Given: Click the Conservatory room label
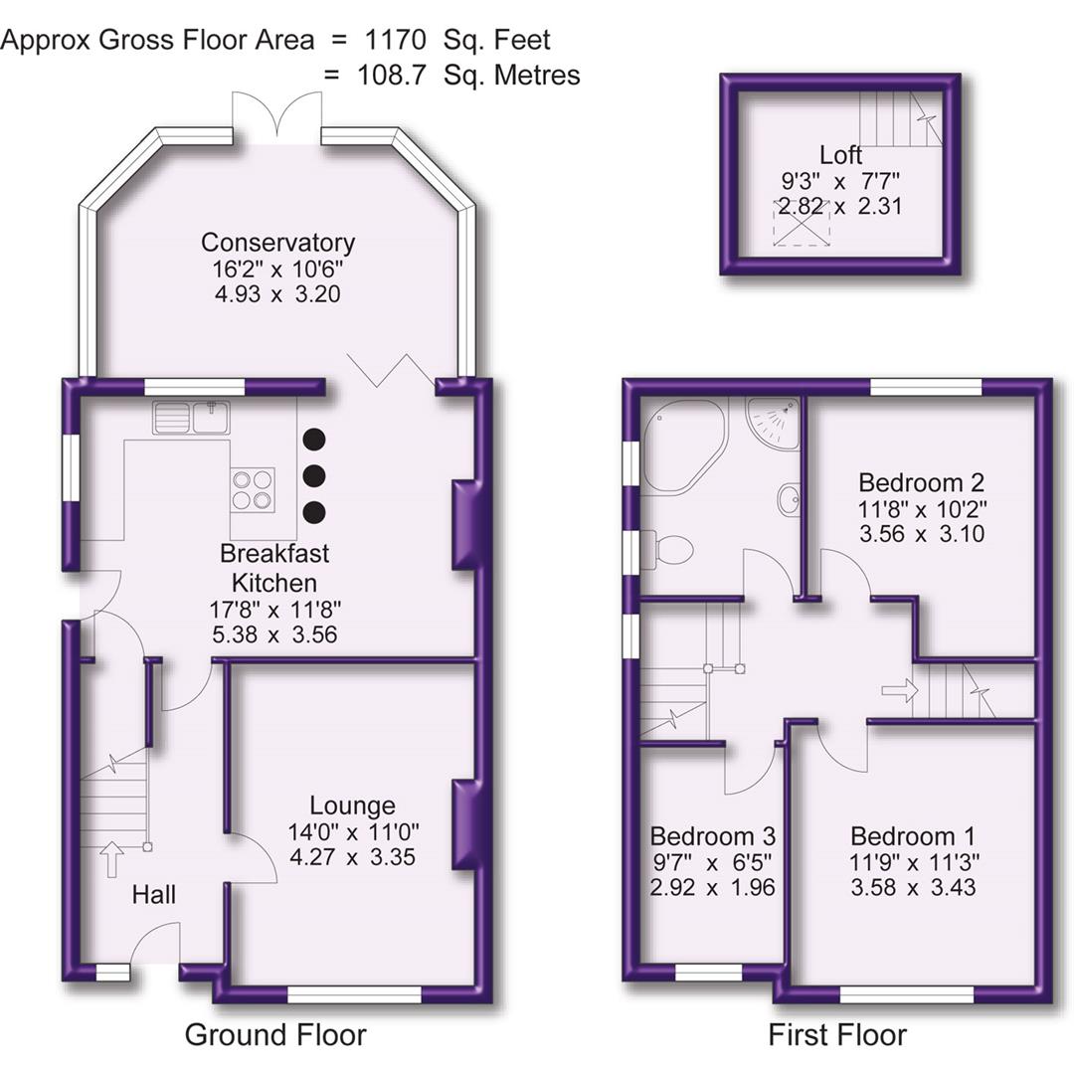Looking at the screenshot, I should point(277,242).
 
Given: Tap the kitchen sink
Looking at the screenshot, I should point(191,417).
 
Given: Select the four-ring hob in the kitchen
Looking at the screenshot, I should point(253,489).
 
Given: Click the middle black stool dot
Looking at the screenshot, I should point(313,475).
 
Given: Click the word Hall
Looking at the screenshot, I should point(154,895).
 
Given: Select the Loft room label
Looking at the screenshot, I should point(840,155).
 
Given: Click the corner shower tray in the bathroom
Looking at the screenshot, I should point(775,422).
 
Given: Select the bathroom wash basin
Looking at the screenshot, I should point(789,499).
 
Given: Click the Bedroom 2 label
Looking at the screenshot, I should point(921,483).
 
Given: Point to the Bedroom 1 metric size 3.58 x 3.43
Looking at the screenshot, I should point(913,886).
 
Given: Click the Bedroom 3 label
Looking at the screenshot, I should point(712,835).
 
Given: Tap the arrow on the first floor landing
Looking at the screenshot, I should point(899,691).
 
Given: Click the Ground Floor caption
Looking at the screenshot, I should point(275,1034).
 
